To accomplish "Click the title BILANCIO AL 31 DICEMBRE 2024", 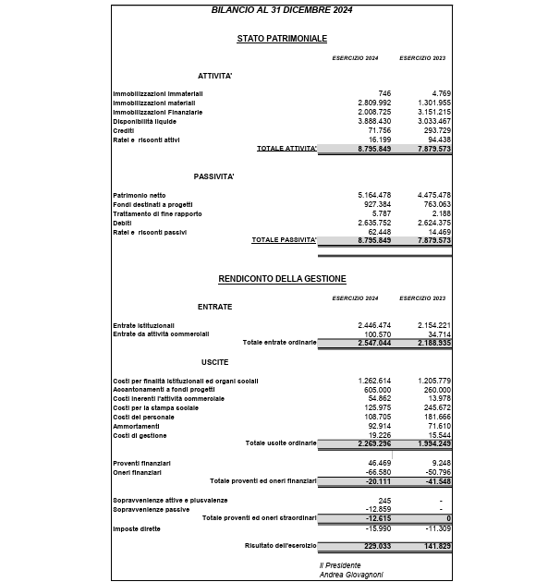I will click(x=281, y=9).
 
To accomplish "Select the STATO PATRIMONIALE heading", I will click(x=281, y=39).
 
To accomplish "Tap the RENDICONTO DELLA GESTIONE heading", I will click(x=281, y=278).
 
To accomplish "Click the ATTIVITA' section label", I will click(x=214, y=76).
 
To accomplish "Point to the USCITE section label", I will click(x=214, y=361).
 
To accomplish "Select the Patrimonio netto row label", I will click(x=140, y=195).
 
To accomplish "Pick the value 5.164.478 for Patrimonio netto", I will click(x=373, y=195).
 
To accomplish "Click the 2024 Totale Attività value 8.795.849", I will click(x=373, y=149).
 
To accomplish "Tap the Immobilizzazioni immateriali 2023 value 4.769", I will click(x=441, y=93).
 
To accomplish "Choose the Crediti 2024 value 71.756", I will click(x=378, y=130).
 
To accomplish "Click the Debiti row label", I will click(x=123, y=223).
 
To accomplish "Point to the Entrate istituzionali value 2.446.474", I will click(x=373, y=325).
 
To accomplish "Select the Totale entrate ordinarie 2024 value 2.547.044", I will click(x=373, y=343).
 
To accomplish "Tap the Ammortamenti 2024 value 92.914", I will click(x=378, y=426).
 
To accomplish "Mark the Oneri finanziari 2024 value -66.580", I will click(x=378, y=472).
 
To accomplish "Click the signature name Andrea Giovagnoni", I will click(x=351, y=574).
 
